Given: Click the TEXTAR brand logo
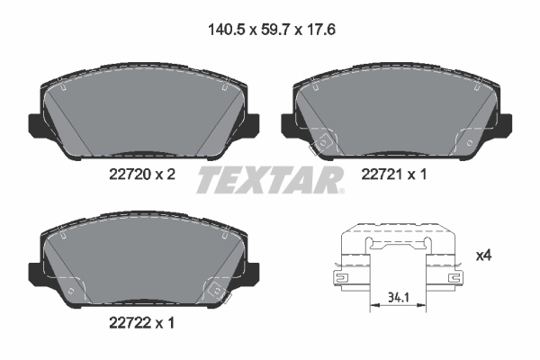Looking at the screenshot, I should click(270, 180).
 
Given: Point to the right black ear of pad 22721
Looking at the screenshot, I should click(510, 124).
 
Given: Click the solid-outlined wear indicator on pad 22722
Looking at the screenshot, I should click(216, 289).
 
